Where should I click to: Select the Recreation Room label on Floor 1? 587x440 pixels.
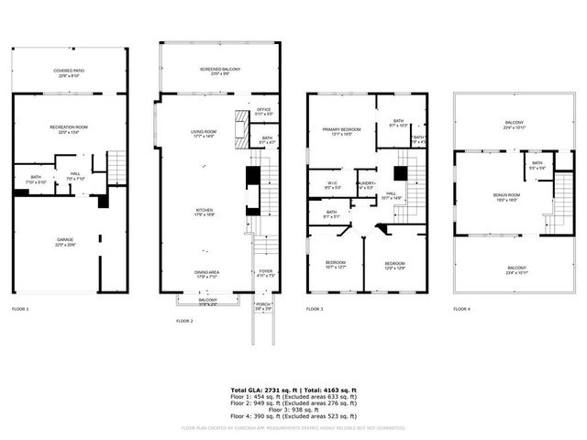(x=70, y=129)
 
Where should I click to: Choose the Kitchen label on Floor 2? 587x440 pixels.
(x=204, y=212)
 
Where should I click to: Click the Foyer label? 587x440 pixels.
(x=265, y=270)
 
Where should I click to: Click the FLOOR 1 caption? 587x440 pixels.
(x=20, y=309)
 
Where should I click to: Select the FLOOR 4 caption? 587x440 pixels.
(x=461, y=309)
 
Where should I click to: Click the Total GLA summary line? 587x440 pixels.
(x=293, y=390)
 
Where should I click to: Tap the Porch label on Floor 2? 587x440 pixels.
(x=262, y=307)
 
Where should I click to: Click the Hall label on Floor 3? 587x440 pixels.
(x=390, y=195)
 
